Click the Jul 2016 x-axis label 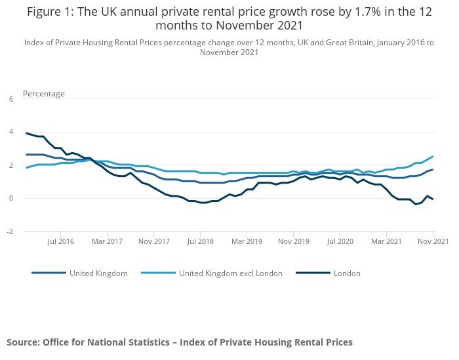(60, 242)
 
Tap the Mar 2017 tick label (107, 242)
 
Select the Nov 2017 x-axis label (153, 242)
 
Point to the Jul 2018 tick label (200, 242)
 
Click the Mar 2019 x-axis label (247, 242)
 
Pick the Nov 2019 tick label (293, 242)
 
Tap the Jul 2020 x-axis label (340, 242)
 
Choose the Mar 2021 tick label (386, 242)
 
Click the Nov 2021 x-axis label (433, 242)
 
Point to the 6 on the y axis (10, 99)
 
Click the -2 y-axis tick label (10, 231)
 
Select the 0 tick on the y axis (10, 198)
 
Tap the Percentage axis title (44, 94)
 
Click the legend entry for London (346, 273)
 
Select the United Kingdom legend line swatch (49, 273)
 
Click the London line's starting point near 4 (26, 133)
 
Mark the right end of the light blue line (433, 156)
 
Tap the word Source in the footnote (23, 342)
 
